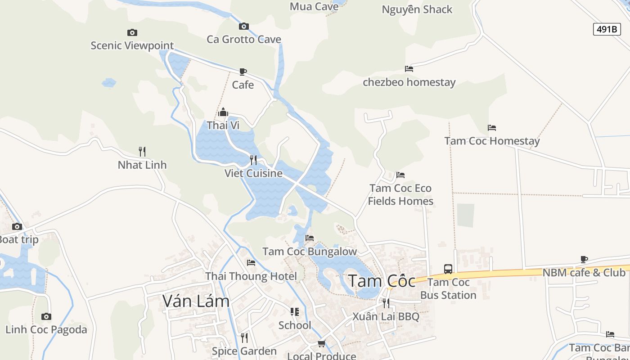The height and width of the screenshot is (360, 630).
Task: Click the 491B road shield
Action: (x=607, y=29)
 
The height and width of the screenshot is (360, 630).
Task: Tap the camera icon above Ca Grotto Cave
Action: (x=244, y=27)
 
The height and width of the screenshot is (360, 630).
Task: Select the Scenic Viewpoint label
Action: (x=132, y=45)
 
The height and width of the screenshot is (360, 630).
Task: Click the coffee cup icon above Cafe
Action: (x=243, y=72)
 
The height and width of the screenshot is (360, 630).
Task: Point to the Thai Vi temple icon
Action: (x=223, y=112)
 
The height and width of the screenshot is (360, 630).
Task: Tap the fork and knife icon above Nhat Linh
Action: (x=142, y=152)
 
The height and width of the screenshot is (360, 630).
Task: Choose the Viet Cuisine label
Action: (x=253, y=173)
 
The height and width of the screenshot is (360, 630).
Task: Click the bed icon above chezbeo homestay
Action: (x=409, y=69)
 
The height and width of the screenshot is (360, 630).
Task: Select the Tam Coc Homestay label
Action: (x=492, y=141)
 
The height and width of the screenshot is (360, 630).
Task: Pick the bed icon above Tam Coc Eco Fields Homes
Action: (x=400, y=175)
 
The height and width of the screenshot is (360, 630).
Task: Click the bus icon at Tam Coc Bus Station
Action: (x=448, y=269)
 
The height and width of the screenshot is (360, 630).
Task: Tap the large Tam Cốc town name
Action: (x=382, y=281)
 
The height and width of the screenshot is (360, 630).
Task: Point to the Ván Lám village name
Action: (x=196, y=301)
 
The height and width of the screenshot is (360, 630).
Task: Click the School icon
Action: (x=295, y=312)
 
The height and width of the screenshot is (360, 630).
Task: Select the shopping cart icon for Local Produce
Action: (x=321, y=344)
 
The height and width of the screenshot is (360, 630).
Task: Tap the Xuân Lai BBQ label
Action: (x=386, y=316)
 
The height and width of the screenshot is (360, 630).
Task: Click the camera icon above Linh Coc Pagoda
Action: (x=46, y=316)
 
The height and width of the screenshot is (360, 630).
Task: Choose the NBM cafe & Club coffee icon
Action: (x=584, y=259)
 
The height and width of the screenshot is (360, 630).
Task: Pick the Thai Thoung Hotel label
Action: (x=251, y=276)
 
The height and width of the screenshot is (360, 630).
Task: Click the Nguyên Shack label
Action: (x=417, y=9)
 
